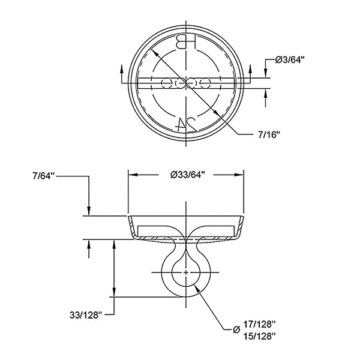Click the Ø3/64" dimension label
pos(290,60)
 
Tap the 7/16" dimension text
pos(269,135)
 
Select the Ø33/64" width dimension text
pos(187,175)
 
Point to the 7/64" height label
pos(43,176)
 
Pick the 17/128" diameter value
pos(259,325)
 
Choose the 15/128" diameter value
pos(259,337)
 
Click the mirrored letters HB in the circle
pos(186,41)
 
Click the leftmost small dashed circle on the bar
pos(167,83)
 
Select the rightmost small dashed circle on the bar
pos(205,83)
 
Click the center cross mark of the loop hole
pos(186,272)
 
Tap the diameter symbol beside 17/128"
pos(236,330)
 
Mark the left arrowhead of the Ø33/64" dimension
pos(133,175)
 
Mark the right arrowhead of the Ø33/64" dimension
pos(239,175)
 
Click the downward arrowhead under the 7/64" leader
pos(89,211)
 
